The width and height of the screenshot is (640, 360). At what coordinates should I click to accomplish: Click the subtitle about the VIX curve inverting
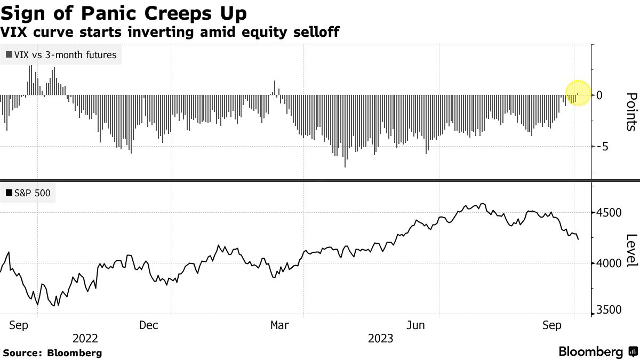pyautogui.click(x=171, y=33)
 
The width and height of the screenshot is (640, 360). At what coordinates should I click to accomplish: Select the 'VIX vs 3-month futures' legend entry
pyautogui.click(x=61, y=54)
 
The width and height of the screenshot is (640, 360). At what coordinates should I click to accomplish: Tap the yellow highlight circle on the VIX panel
pyautogui.click(x=577, y=93)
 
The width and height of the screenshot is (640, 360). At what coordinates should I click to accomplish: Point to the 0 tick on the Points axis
pyautogui.click(x=599, y=95)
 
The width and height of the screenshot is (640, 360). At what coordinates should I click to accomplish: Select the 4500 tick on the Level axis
pyautogui.click(x=608, y=213)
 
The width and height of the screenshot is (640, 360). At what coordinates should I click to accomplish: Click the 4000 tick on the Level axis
pyautogui.click(x=608, y=263)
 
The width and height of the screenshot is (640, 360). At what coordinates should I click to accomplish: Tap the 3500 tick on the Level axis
pyautogui.click(x=608, y=310)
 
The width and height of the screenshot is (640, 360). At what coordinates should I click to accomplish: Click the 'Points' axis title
pyautogui.click(x=630, y=111)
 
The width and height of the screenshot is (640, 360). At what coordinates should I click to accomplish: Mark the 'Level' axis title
pyautogui.click(x=630, y=251)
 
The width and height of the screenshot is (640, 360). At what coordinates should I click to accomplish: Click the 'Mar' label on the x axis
pyautogui.click(x=281, y=325)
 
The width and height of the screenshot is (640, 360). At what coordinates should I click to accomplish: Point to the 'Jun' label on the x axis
pyautogui.click(x=416, y=325)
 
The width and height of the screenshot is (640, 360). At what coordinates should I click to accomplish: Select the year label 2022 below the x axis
pyautogui.click(x=85, y=339)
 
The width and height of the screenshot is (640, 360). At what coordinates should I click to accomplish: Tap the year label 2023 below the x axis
pyautogui.click(x=380, y=339)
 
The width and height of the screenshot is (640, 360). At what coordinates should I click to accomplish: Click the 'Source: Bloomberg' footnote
pyautogui.click(x=52, y=353)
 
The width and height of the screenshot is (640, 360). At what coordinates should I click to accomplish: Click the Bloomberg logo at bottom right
pyautogui.click(x=597, y=352)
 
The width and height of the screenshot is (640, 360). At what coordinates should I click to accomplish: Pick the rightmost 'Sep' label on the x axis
pyautogui.click(x=553, y=325)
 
